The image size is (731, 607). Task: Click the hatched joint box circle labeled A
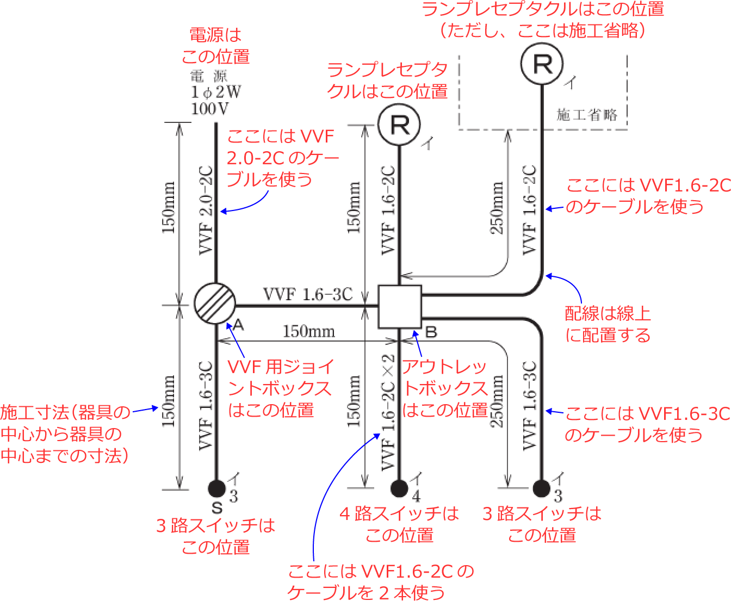tap(215, 303)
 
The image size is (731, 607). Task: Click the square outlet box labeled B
tap(400, 307)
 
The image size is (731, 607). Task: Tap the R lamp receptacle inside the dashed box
tap(542, 64)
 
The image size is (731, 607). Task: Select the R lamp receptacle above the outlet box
tap(399, 125)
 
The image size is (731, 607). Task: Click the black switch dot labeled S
tap(216, 488)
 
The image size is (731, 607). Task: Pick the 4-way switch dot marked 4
tap(399, 488)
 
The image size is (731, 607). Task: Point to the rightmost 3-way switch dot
tap(541, 488)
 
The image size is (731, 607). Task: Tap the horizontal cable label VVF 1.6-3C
tap(308, 294)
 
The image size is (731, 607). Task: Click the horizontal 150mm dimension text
tap(308, 331)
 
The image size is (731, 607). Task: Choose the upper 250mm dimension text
tap(497, 208)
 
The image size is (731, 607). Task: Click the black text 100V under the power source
tap(210, 109)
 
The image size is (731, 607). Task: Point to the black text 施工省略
tap(587, 115)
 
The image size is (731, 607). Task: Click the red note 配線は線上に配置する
tap(608, 324)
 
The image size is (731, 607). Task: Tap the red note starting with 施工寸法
tap(65, 434)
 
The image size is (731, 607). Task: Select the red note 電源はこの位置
tap(215, 46)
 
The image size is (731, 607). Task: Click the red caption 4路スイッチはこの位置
tap(399, 524)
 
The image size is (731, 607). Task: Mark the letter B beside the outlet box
tap(431, 332)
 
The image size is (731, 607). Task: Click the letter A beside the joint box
tap(238, 325)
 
